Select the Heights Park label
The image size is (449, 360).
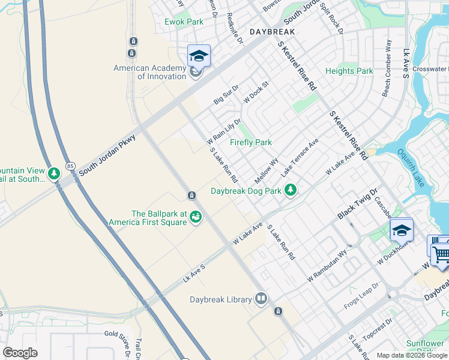tap(349, 71)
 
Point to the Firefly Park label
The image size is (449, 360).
tap(251, 142)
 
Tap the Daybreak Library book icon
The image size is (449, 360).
tap(261, 298)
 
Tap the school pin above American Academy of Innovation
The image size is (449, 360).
tap(199, 56)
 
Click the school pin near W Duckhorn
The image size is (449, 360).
tap(401, 230)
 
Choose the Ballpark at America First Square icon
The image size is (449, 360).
tap(195, 217)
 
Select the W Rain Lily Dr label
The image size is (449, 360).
tap(224, 132)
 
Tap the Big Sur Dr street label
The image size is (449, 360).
tap(226, 95)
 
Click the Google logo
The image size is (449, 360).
tap(20, 353)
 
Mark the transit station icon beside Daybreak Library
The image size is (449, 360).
tap(278, 311)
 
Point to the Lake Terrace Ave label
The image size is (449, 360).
tap(300, 158)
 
